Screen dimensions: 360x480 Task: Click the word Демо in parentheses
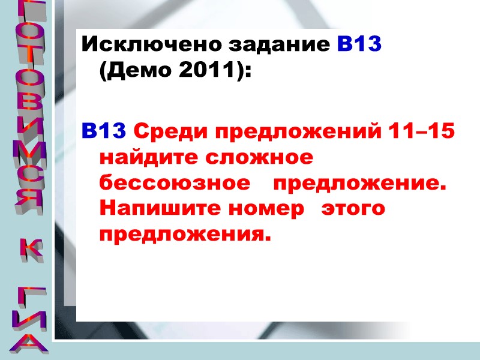pyautogui.click(x=140, y=71)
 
